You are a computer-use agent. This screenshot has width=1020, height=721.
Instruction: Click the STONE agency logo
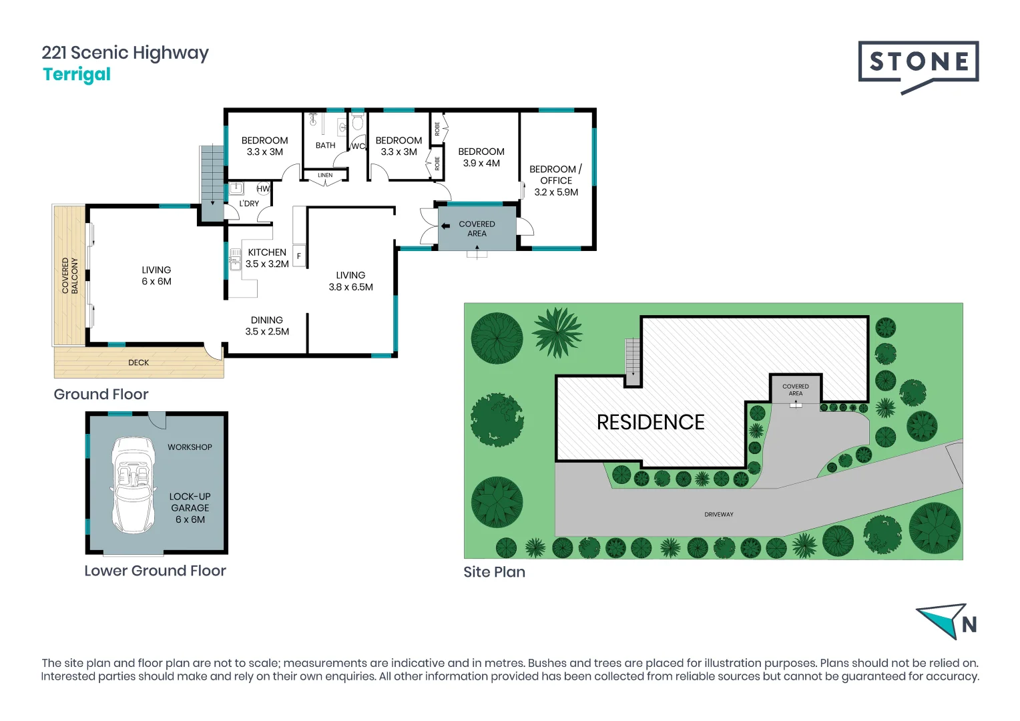(x=918, y=65)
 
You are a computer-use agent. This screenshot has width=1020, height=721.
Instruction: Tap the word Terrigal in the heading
(x=77, y=74)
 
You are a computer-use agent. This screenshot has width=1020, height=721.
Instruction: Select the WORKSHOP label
(x=190, y=447)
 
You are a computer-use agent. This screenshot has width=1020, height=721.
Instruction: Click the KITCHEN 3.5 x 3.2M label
(x=267, y=258)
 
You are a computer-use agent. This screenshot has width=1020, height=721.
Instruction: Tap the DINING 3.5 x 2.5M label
(x=267, y=326)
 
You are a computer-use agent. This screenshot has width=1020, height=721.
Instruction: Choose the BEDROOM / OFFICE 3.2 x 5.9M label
(x=556, y=181)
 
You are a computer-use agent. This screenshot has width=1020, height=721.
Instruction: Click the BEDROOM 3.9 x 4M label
(x=481, y=158)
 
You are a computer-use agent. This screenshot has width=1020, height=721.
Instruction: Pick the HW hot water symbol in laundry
(x=263, y=189)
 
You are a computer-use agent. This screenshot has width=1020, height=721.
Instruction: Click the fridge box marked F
(x=299, y=256)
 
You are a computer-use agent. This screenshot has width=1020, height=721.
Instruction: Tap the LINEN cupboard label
(x=325, y=176)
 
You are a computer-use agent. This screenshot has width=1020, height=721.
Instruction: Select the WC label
(x=358, y=146)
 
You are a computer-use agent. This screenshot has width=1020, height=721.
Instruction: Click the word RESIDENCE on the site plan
(x=650, y=423)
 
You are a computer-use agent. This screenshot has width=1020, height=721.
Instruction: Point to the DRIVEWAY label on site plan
(x=718, y=515)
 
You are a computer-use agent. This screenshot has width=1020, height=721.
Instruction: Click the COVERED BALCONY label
(x=70, y=276)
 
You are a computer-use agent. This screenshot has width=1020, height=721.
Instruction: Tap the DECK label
(x=139, y=363)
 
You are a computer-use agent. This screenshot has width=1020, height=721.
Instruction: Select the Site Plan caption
(x=494, y=572)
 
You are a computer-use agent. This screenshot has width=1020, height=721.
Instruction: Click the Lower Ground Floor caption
(x=155, y=571)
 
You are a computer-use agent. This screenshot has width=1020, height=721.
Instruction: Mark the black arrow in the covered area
(x=445, y=226)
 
